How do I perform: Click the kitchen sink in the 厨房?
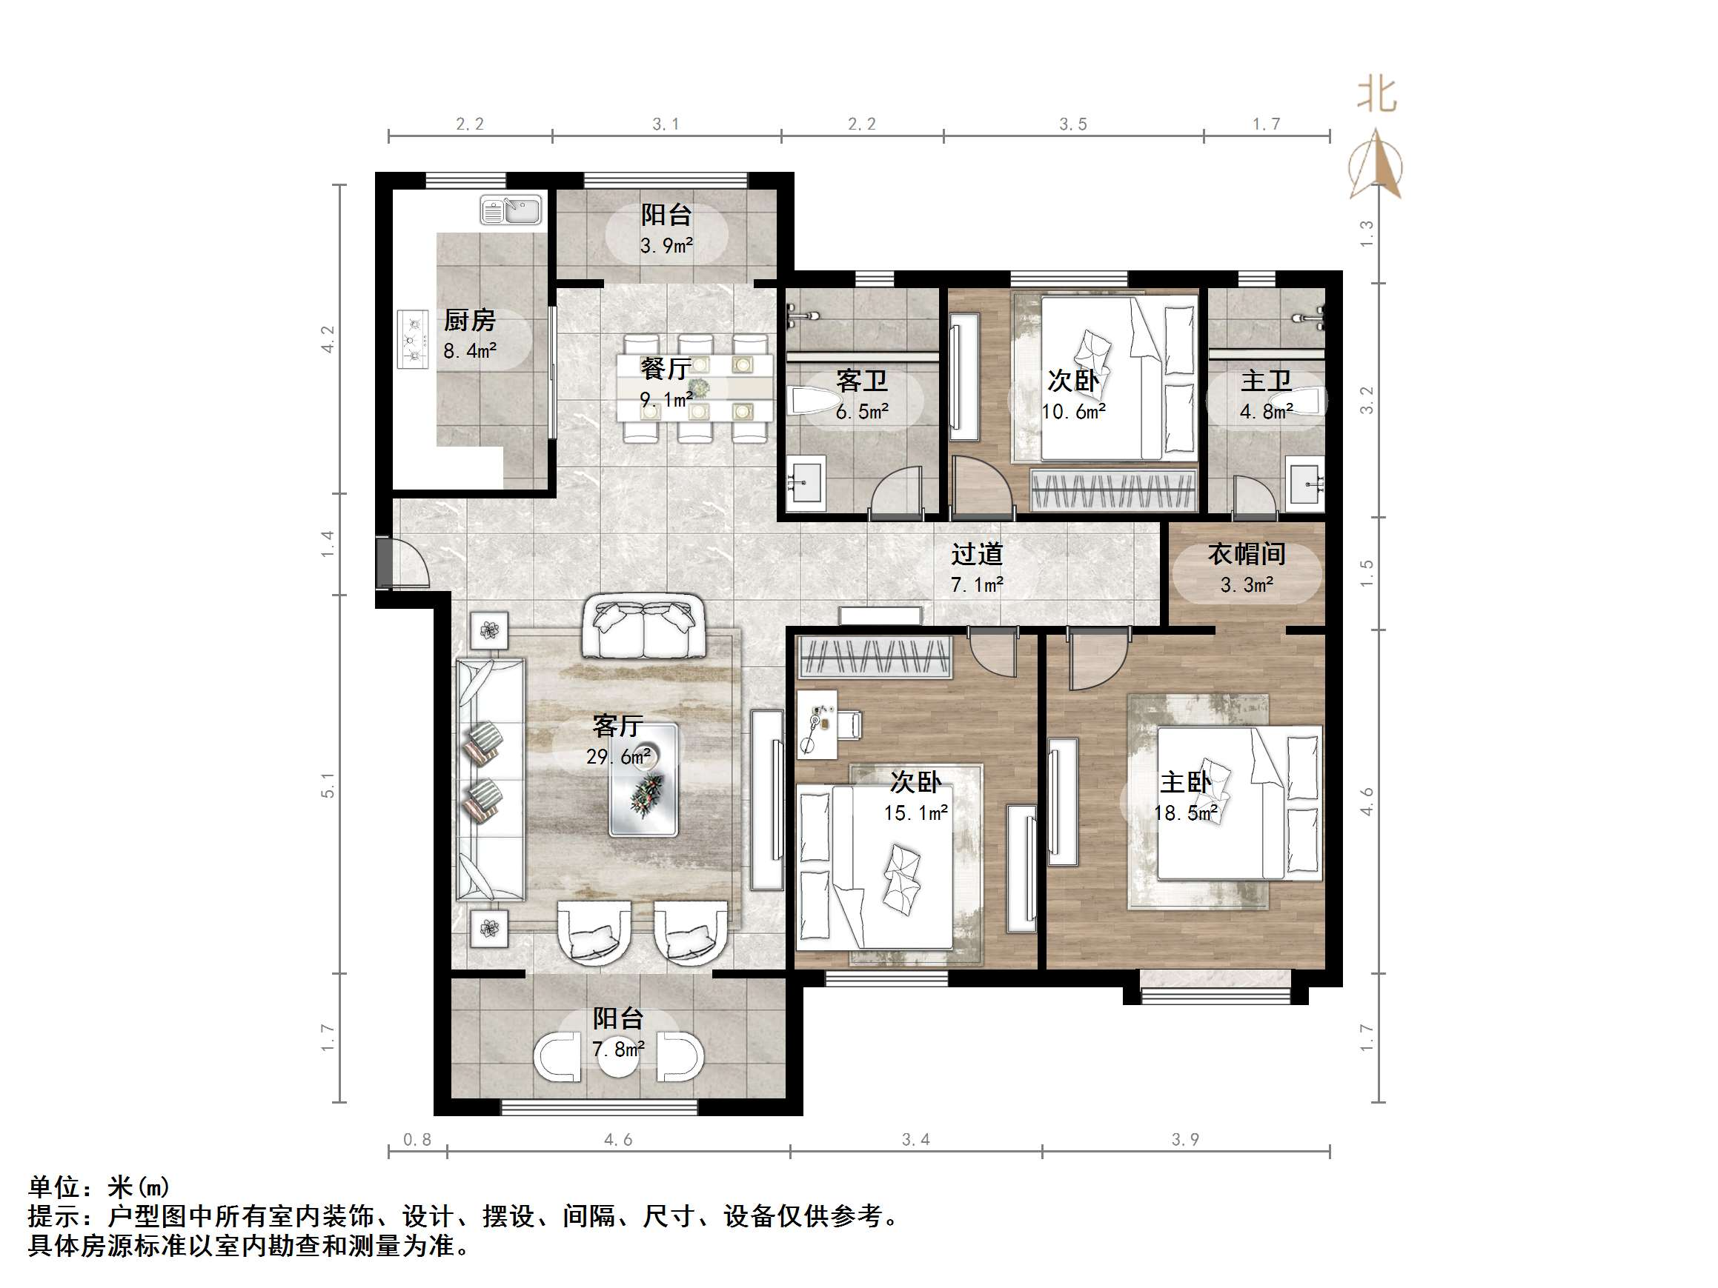510,210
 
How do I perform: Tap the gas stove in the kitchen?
412,339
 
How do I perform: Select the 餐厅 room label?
665,369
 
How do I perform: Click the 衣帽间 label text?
1247,554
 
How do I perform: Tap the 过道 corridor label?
977,554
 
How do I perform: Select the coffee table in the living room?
643,779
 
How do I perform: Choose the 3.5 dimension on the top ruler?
1073,124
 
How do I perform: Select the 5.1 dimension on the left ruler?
328,785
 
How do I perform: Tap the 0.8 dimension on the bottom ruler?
417,1140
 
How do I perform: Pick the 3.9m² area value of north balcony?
666,246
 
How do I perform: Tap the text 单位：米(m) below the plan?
99,1187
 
